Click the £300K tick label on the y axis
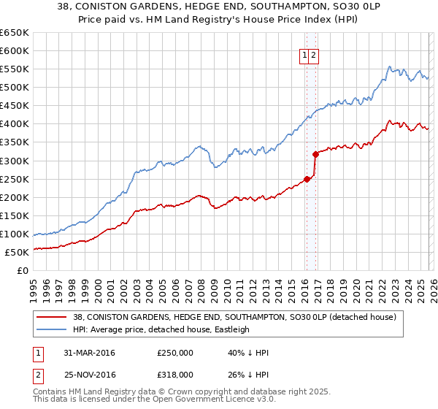[14, 161]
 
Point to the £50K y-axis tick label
[16, 253]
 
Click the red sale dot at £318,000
[315, 154]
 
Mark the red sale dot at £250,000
[307, 179]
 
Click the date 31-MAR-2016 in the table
[89, 353]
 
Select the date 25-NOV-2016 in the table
[90, 374]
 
